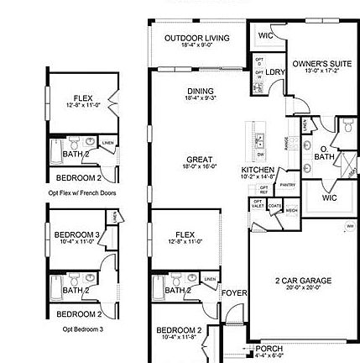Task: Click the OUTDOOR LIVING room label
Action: [186, 37]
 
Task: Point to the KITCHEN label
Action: [253, 167]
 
